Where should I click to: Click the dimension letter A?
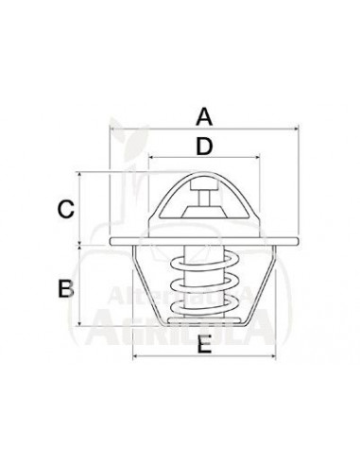(x=204, y=117)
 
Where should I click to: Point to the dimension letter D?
(x=204, y=146)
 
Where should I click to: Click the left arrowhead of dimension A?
(x=112, y=130)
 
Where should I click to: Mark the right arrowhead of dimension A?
(x=297, y=130)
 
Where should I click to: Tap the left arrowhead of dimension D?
(x=152, y=160)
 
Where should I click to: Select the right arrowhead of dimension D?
(x=257, y=160)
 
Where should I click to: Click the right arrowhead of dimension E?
(x=272, y=358)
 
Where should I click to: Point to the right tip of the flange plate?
(x=296, y=244)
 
